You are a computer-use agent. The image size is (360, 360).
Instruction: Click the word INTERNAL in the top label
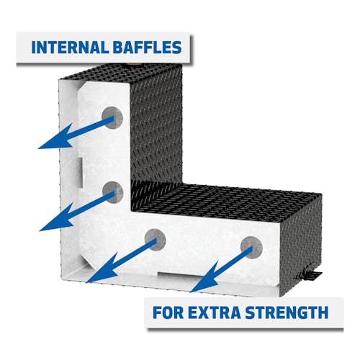(70, 48)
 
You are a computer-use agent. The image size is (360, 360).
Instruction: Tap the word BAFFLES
(147, 48)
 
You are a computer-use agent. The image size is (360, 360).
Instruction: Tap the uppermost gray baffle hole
(112, 117)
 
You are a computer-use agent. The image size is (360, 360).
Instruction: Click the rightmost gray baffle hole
(251, 248)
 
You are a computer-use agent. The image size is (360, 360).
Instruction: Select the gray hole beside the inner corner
(112, 192)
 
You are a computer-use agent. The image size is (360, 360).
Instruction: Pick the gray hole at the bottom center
(156, 240)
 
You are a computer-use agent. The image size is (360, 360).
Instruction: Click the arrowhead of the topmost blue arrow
(56, 139)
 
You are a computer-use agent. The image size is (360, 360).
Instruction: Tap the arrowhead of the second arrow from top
(58, 219)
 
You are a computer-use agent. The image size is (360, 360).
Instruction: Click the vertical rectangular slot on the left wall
(79, 172)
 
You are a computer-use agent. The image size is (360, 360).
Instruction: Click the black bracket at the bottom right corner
(311, 275)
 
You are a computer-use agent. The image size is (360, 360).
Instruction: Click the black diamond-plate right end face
(301, 245)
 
